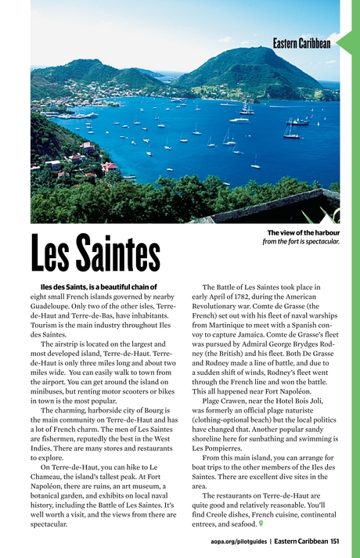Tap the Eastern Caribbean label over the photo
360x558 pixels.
point(301,43)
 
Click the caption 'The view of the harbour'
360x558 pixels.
point(303,232)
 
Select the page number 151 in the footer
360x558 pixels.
point(334,541)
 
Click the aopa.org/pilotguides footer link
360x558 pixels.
point(239,541)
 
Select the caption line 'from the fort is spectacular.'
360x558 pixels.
point(301,241)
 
